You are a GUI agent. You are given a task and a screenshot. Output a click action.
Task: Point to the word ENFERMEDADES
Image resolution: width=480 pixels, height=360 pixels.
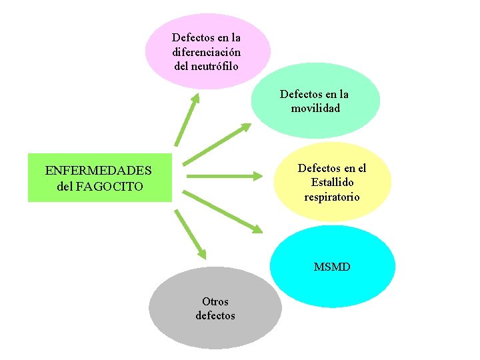[x=99, y=171]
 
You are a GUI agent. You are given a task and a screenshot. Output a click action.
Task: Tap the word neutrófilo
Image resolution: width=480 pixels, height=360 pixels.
[x=207, y=66]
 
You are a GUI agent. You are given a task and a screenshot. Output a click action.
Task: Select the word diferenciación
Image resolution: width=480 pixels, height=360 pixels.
[x=207, y=52]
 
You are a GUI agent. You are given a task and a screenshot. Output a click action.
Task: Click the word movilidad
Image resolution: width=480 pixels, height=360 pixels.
[x=315, y=108]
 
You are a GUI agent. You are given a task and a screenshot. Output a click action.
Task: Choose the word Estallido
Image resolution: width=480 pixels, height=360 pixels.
[x=332, y=183]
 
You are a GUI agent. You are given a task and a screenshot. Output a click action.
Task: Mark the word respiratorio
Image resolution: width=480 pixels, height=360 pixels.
[x=332, y=197]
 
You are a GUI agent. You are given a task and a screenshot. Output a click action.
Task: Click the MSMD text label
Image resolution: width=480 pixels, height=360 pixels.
[x=332, y=267]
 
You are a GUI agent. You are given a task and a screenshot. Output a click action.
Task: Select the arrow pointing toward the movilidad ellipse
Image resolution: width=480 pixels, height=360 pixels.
[x=217, y=143]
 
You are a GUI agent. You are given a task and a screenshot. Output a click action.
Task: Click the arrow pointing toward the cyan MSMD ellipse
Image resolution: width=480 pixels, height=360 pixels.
[x=223, y=211]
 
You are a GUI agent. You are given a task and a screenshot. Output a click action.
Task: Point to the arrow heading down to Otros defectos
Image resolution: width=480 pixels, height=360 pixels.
[x=191, y=234]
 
